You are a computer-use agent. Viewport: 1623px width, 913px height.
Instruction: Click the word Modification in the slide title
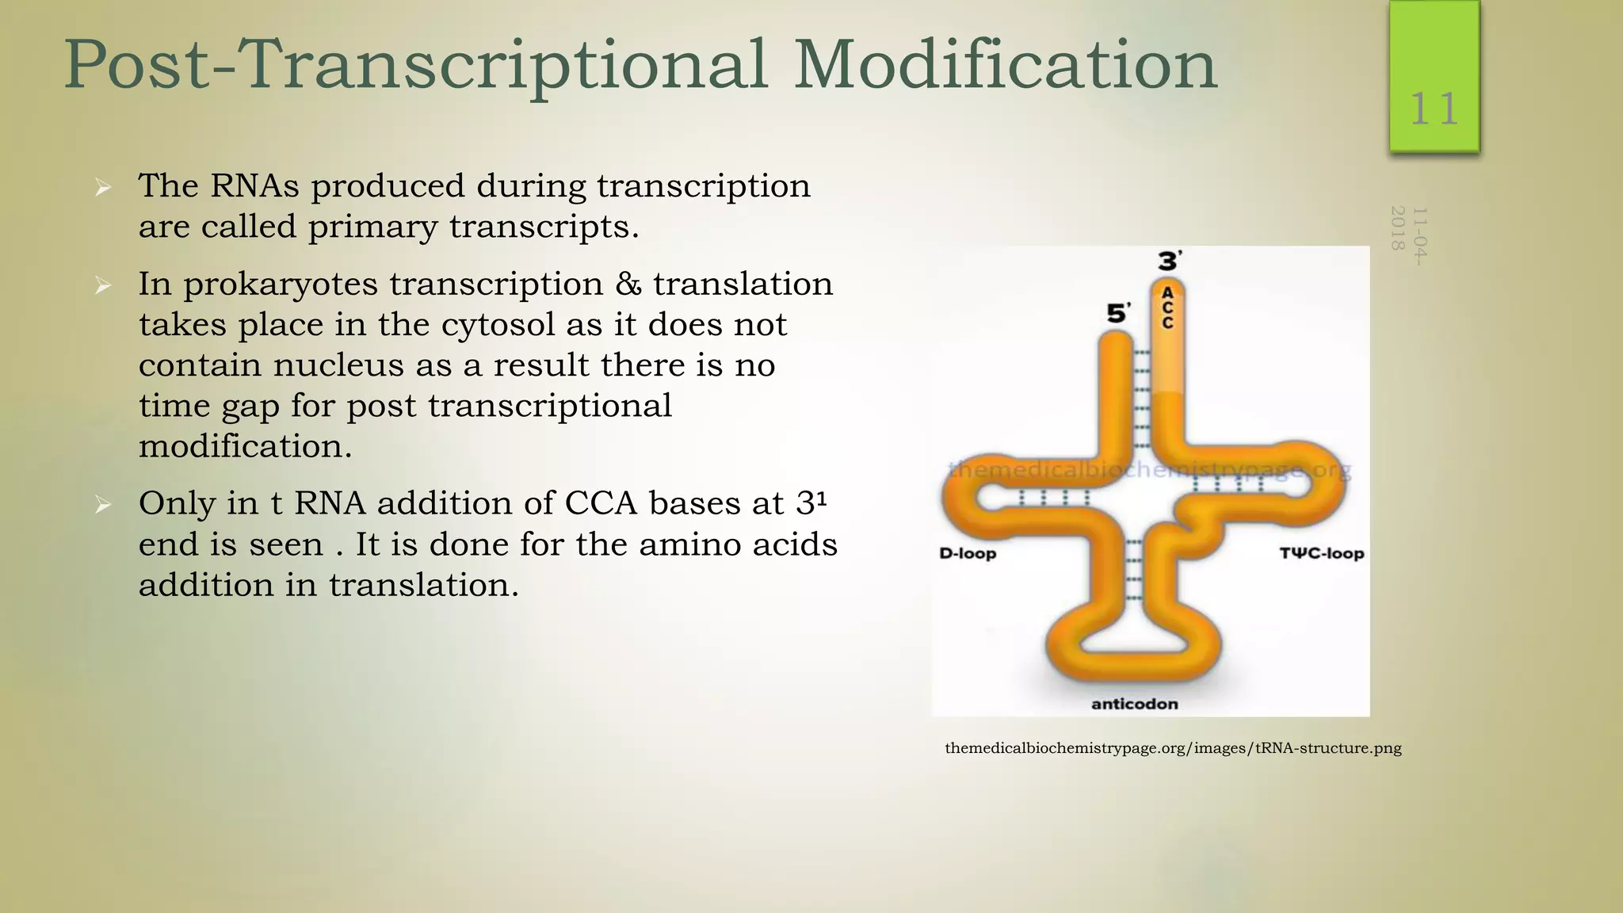(1005, 65)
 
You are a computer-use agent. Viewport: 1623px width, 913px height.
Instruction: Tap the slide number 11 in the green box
(1434, 109)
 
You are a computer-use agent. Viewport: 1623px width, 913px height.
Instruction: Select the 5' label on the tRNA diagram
(1118, 314)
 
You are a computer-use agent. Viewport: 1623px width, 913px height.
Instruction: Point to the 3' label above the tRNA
(1170, 261)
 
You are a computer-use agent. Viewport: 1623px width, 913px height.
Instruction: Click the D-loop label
(967, 553)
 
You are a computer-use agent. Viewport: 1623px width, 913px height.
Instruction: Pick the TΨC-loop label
(1321, 553)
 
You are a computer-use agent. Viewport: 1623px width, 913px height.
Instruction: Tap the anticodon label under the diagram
(1134, 704)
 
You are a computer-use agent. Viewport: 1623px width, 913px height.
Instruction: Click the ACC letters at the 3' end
(1167, 308)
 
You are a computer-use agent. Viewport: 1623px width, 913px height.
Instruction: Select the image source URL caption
(1173, 748)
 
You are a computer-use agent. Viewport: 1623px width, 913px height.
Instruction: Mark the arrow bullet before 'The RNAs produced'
(103, 188)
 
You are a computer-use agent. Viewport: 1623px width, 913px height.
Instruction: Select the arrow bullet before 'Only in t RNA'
(103, 505)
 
